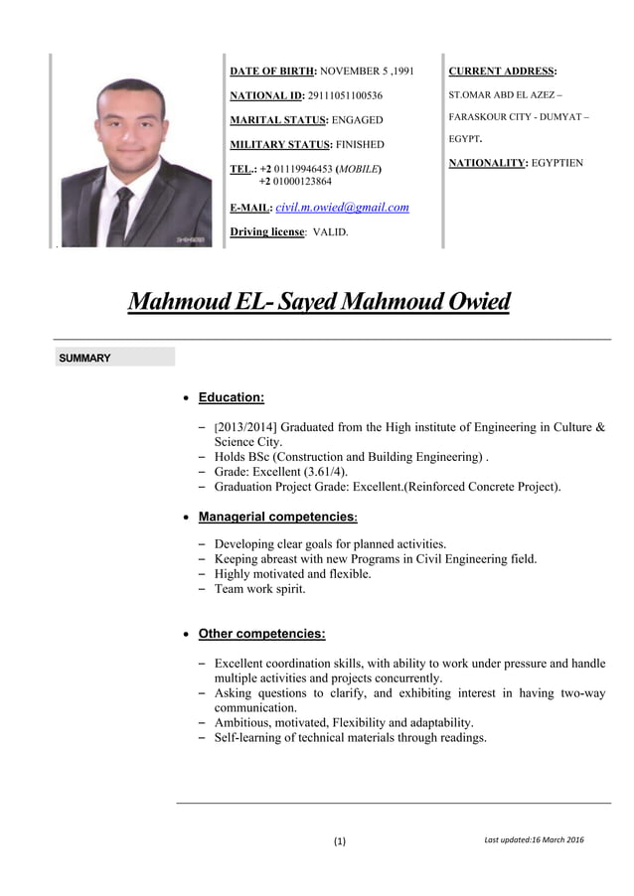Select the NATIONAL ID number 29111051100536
click(x=345, y=95)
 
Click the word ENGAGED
click(x=358, y=119)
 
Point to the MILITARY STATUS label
click(x=280, y=144)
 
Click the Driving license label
click(x=267, y=231)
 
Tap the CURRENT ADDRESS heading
click(x=503, y=72)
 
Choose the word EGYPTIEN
click(x=557, y=162)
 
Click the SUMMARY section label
click(x=84, y=358)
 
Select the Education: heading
click(x=231, y=397)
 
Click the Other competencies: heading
click(x=261, y=634)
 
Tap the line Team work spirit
click(x=259, y=588)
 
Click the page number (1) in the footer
click(x=340, y=841)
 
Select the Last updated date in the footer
click(x=534, y=840)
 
